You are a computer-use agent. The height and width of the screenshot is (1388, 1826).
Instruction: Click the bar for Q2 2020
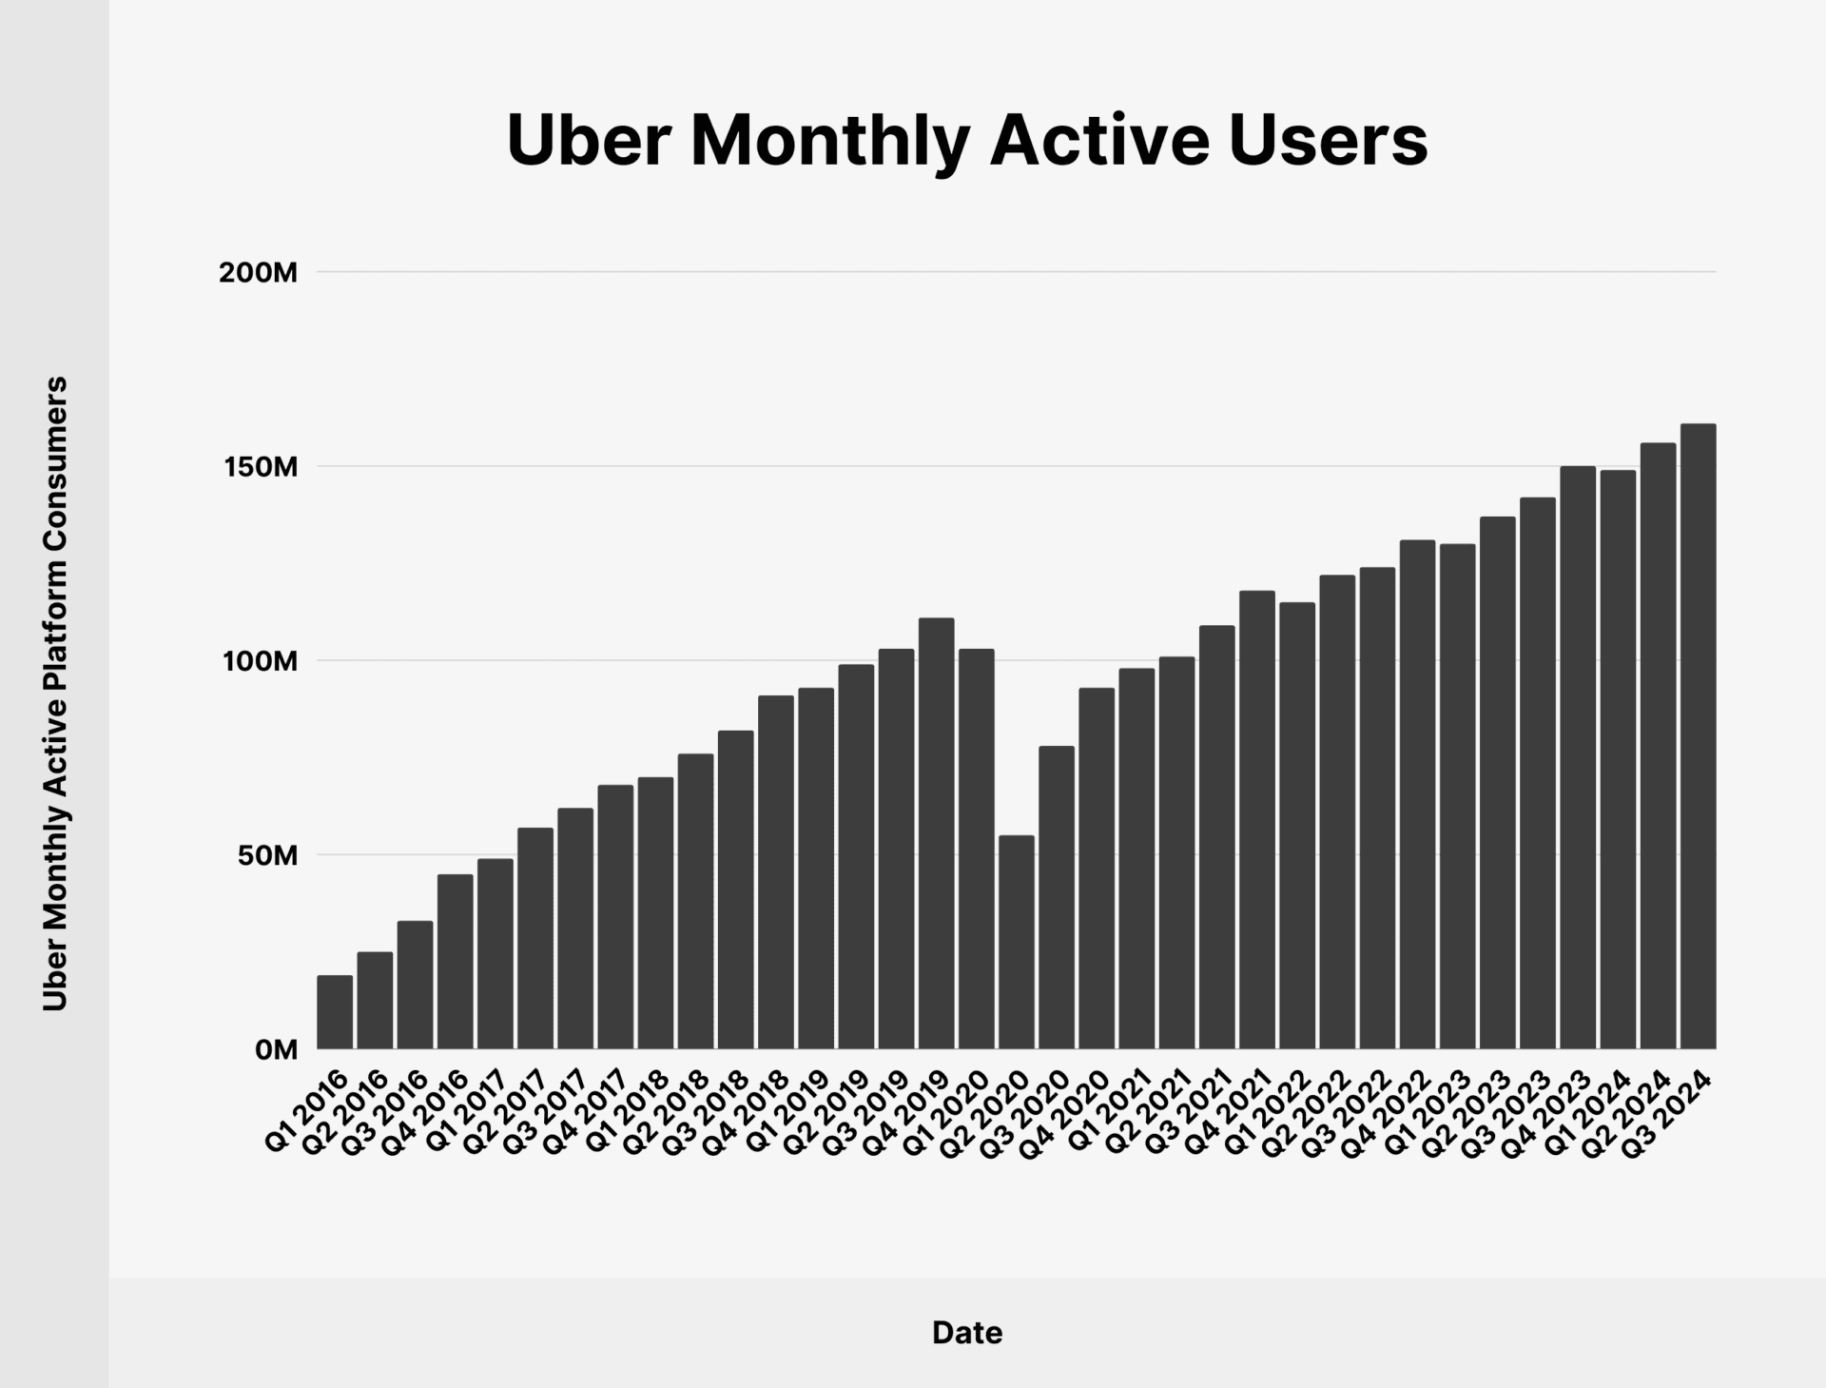click(1016, 942)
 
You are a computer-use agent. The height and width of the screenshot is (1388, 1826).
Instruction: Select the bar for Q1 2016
click(335, 1012)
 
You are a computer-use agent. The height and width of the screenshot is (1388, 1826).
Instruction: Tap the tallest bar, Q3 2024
click(1698, 736)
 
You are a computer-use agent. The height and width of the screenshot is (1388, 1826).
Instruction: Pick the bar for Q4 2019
click(936, 833)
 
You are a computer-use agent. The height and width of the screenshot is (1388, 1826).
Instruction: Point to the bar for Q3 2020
click(1057, 897)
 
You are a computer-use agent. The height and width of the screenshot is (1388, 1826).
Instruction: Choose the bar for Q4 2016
click(455, 962)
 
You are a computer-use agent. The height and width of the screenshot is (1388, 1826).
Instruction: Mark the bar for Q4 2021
click(1256, 820)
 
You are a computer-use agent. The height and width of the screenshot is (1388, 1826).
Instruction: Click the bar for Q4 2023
click(1578, 757)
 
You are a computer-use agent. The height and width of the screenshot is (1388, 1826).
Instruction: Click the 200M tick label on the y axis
click(258, 273)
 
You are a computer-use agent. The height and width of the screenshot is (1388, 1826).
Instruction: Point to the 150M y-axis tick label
click(258, 467)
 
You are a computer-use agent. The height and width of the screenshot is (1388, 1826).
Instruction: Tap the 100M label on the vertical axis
click(258, 661)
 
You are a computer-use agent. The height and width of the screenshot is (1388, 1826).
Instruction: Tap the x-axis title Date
click(966, 1333)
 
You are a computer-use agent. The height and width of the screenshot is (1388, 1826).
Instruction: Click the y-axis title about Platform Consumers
click(55, 694)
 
